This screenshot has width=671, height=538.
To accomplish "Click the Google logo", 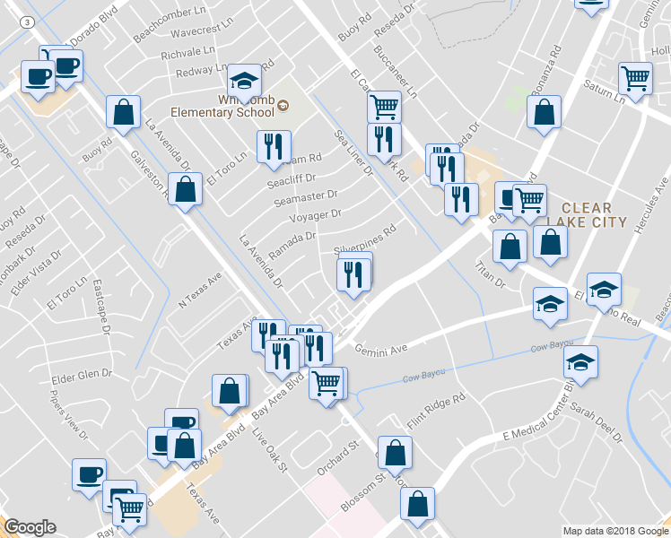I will click(x=30, y=527).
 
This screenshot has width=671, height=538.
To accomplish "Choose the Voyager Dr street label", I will click(x=315, y=214).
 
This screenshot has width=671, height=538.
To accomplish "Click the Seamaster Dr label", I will click(x=307, y=195).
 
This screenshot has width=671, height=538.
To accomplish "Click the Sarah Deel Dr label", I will click(x=595, y=422).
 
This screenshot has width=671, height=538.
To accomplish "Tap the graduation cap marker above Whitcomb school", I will click(x=243, y=80).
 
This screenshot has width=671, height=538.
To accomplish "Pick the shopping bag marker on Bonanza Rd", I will click(x=544, y=114).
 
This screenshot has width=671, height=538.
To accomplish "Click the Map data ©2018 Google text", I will click(x=615, y=531).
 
